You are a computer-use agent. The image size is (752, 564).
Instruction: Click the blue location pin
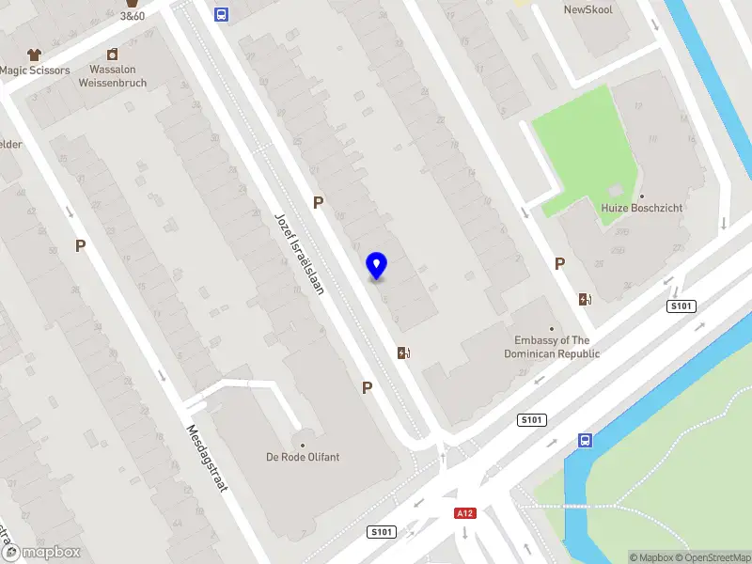377,266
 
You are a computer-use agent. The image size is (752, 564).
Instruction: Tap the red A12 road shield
463,513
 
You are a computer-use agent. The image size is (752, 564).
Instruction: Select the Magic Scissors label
35,70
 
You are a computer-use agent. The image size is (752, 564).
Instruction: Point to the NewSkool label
587,9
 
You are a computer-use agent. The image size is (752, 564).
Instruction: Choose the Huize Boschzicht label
642,208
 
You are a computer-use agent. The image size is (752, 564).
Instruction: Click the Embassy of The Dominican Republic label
552,347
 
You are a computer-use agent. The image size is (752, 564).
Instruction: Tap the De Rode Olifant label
303,457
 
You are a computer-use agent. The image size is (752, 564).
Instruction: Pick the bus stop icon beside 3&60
221,14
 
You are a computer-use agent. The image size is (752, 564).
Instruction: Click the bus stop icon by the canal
585,440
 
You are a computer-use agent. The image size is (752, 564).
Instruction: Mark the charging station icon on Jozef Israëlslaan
404,353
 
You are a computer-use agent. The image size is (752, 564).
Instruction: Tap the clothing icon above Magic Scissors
35,55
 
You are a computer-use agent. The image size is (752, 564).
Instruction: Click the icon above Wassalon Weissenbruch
112,55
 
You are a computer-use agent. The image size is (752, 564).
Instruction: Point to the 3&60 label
133,16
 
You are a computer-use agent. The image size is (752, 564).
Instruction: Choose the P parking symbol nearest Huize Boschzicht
559,264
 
